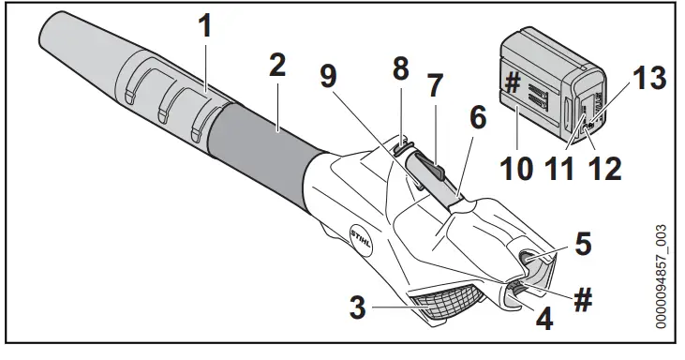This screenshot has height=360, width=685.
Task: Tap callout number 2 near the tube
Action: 276,67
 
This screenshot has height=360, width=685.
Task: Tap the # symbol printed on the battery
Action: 511,82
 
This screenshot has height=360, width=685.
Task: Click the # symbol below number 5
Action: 582,297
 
